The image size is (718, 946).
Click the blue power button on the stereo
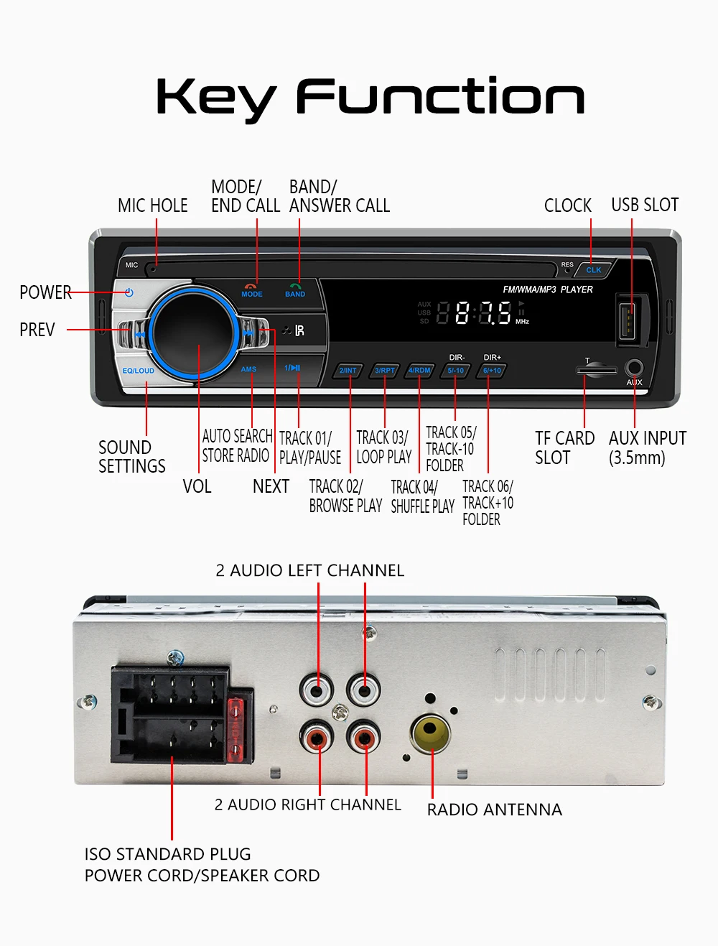pos(129,292)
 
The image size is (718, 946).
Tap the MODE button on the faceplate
pos(251,291)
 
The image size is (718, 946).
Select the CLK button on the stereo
pos(594,270)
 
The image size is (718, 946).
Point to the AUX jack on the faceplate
pos(634,368)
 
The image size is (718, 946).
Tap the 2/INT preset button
pos(348,371)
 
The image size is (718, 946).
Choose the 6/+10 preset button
pos(492,371)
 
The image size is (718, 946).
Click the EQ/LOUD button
pos(138,371)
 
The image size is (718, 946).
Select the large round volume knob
pos(194,332)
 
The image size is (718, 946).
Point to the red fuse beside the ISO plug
pos(236,729)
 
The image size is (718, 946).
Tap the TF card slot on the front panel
pos(596,371)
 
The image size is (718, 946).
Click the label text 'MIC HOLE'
pos(152,206)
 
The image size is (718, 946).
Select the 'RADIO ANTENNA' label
pos(494,810)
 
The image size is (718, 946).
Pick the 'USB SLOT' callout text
pos(644,205)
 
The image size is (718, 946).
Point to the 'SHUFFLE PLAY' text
pos(422,506)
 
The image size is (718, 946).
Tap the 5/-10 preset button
pos(456,371)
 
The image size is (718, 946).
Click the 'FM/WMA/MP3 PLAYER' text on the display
pos(548,289)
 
